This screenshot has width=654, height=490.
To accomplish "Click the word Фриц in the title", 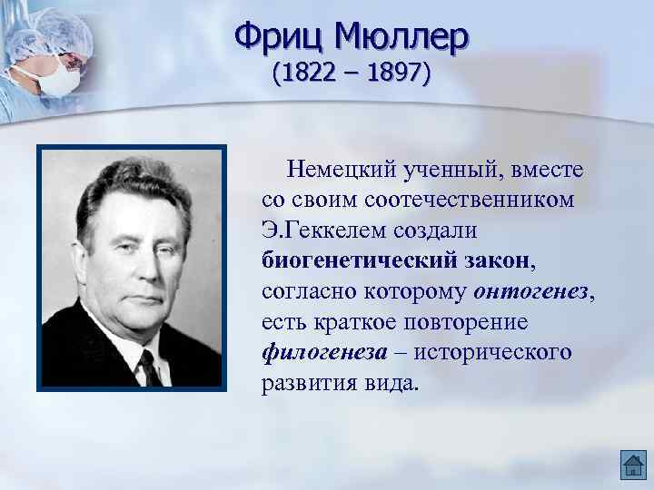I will (x=279, y=36).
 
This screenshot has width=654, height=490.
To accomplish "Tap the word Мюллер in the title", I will (x=401, y=36).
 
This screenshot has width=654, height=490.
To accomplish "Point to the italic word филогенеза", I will (x=321, y=352).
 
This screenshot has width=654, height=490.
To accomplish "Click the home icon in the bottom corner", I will (x=632, y=465).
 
